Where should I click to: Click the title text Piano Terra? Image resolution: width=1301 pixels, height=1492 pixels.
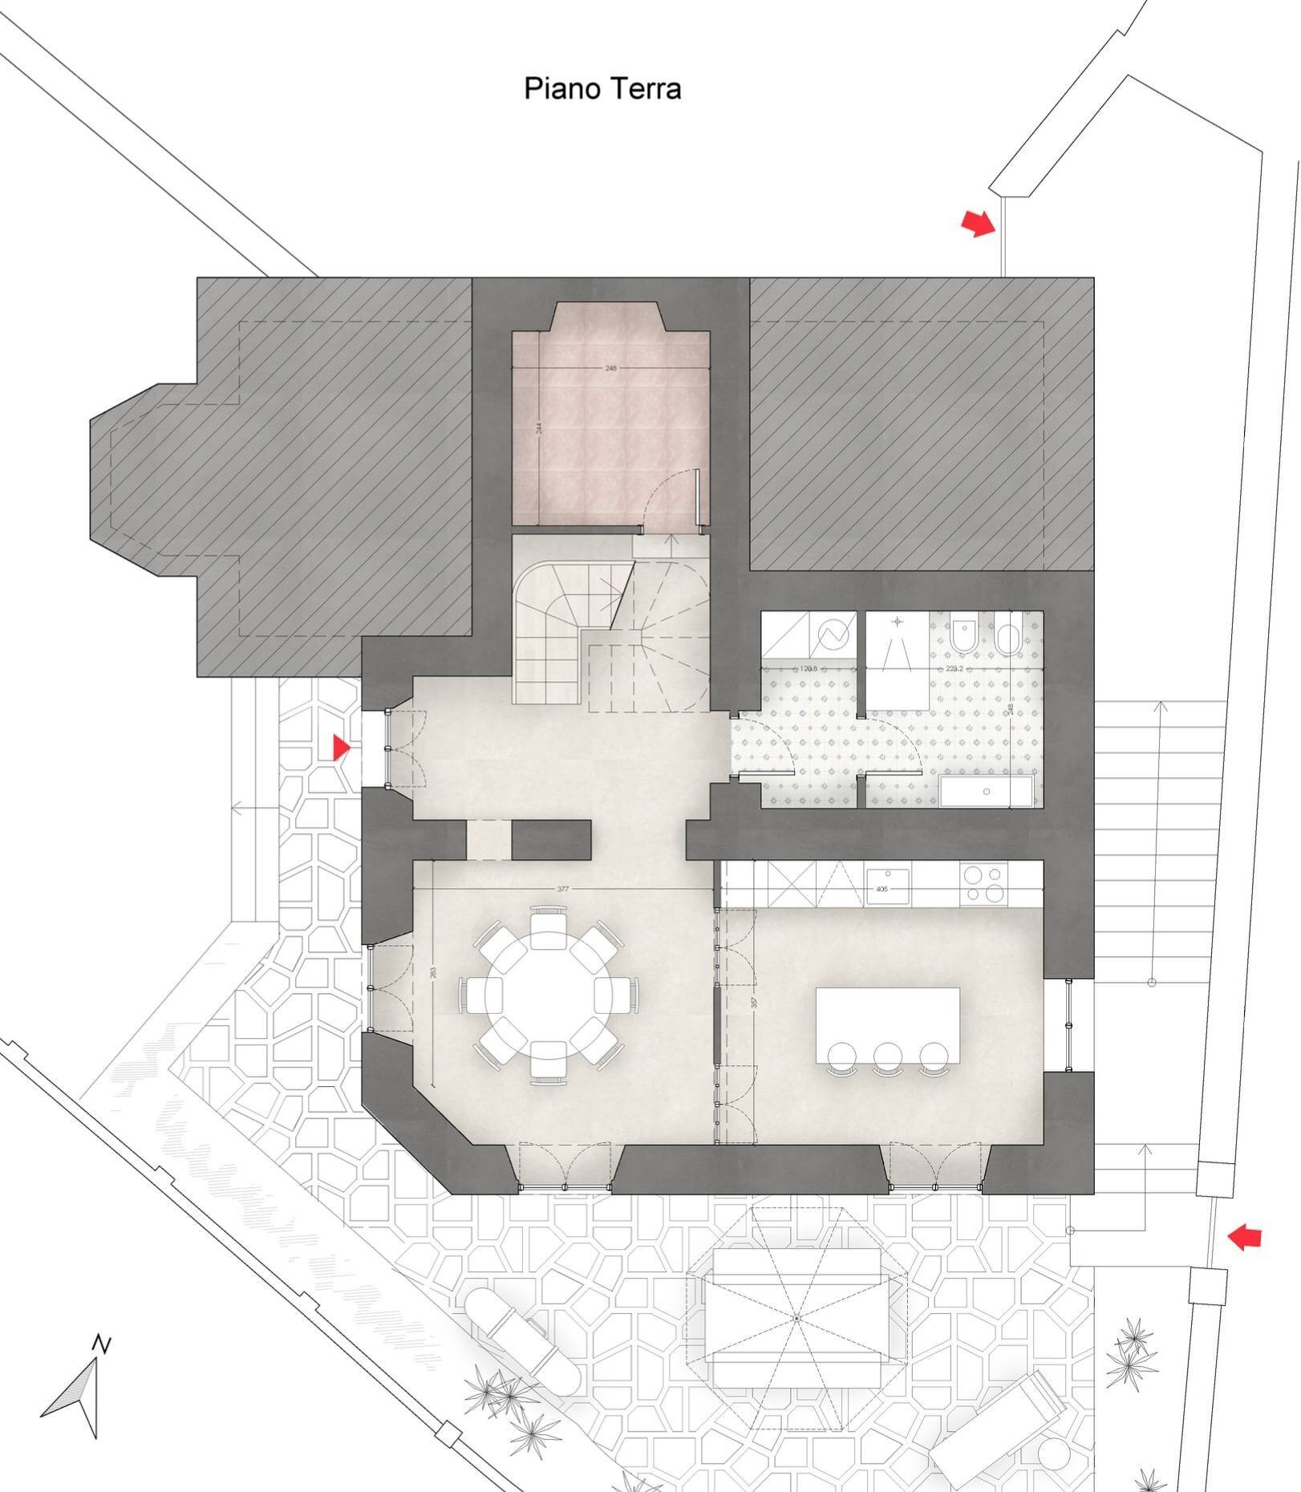click(x=602, y=88)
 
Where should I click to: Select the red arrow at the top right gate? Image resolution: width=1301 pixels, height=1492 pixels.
click(x=978, y=223)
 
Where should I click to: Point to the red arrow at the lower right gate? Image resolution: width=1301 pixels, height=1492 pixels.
click(x=1245, y=1237)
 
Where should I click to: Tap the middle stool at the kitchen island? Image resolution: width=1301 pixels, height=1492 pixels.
click(x=888, y=1057)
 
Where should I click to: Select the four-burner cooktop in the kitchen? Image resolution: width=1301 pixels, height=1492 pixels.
click(x=983, y=883)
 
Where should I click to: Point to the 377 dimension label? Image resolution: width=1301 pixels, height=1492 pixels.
click(x=563, y=889)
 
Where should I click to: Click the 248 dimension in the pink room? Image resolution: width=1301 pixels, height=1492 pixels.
click(x=611, y=368)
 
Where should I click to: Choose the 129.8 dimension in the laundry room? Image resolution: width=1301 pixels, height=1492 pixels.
click(x=809, y=668)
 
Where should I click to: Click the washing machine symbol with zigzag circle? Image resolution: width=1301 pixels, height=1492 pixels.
click(x=833, y=636)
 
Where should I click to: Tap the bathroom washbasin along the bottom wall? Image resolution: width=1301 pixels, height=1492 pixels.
click(x=986, y=792)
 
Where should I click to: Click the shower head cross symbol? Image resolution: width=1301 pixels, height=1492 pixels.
click(x=898, y=622)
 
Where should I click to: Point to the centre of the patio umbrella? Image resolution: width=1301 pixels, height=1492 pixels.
click(x=796, y=1318)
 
